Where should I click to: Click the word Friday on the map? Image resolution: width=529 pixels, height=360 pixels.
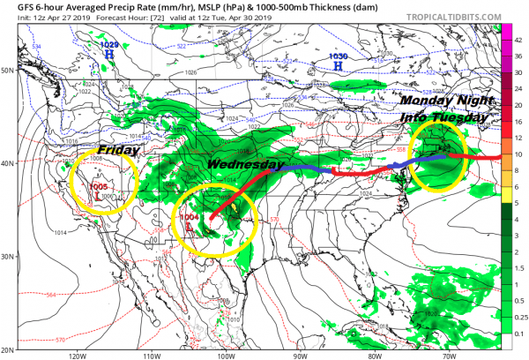pos(118,151)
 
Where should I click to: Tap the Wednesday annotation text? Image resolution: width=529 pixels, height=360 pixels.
pos(245,165)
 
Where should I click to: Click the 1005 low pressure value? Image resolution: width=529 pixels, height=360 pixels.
pos(97,187)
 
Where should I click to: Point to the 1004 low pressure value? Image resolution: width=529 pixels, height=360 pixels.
pos(190,217)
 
